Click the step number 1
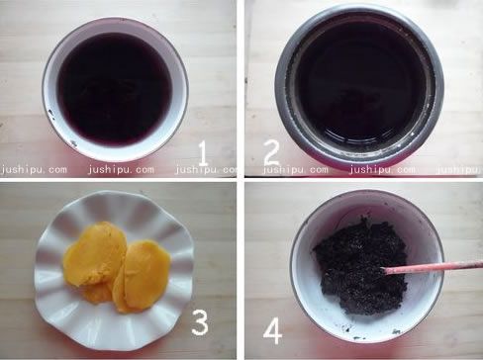[x=203, y=153]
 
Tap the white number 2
[x=272, y=153]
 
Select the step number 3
[x=200, y=323]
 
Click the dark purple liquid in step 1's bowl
[x=115, y=88]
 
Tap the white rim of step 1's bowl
[x=49, y=89]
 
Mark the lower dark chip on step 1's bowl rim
[x=73, y=143]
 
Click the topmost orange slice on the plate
[x=95, y=253]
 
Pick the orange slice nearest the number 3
[x=143, y=276]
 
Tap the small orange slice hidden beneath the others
[x=96, y=294]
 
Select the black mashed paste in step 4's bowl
[x=359, y=265]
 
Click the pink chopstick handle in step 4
[x=434, y=267]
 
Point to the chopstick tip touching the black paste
[x=383, y=271]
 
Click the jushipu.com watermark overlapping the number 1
[x=206, y=170]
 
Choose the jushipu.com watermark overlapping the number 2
[x=295, y=170]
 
